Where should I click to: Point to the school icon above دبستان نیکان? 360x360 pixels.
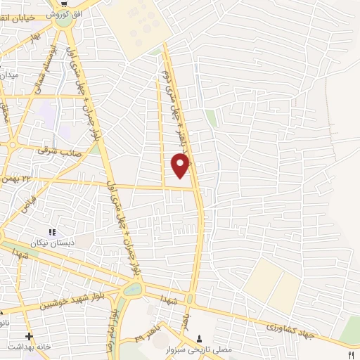pos(51,231)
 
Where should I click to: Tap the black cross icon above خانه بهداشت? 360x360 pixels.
pos(28,335)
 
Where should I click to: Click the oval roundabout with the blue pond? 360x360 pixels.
pos(131,289)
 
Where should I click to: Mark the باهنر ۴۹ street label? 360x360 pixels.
pos(150,336)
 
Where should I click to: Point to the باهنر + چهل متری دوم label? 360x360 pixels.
pos(173,105)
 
